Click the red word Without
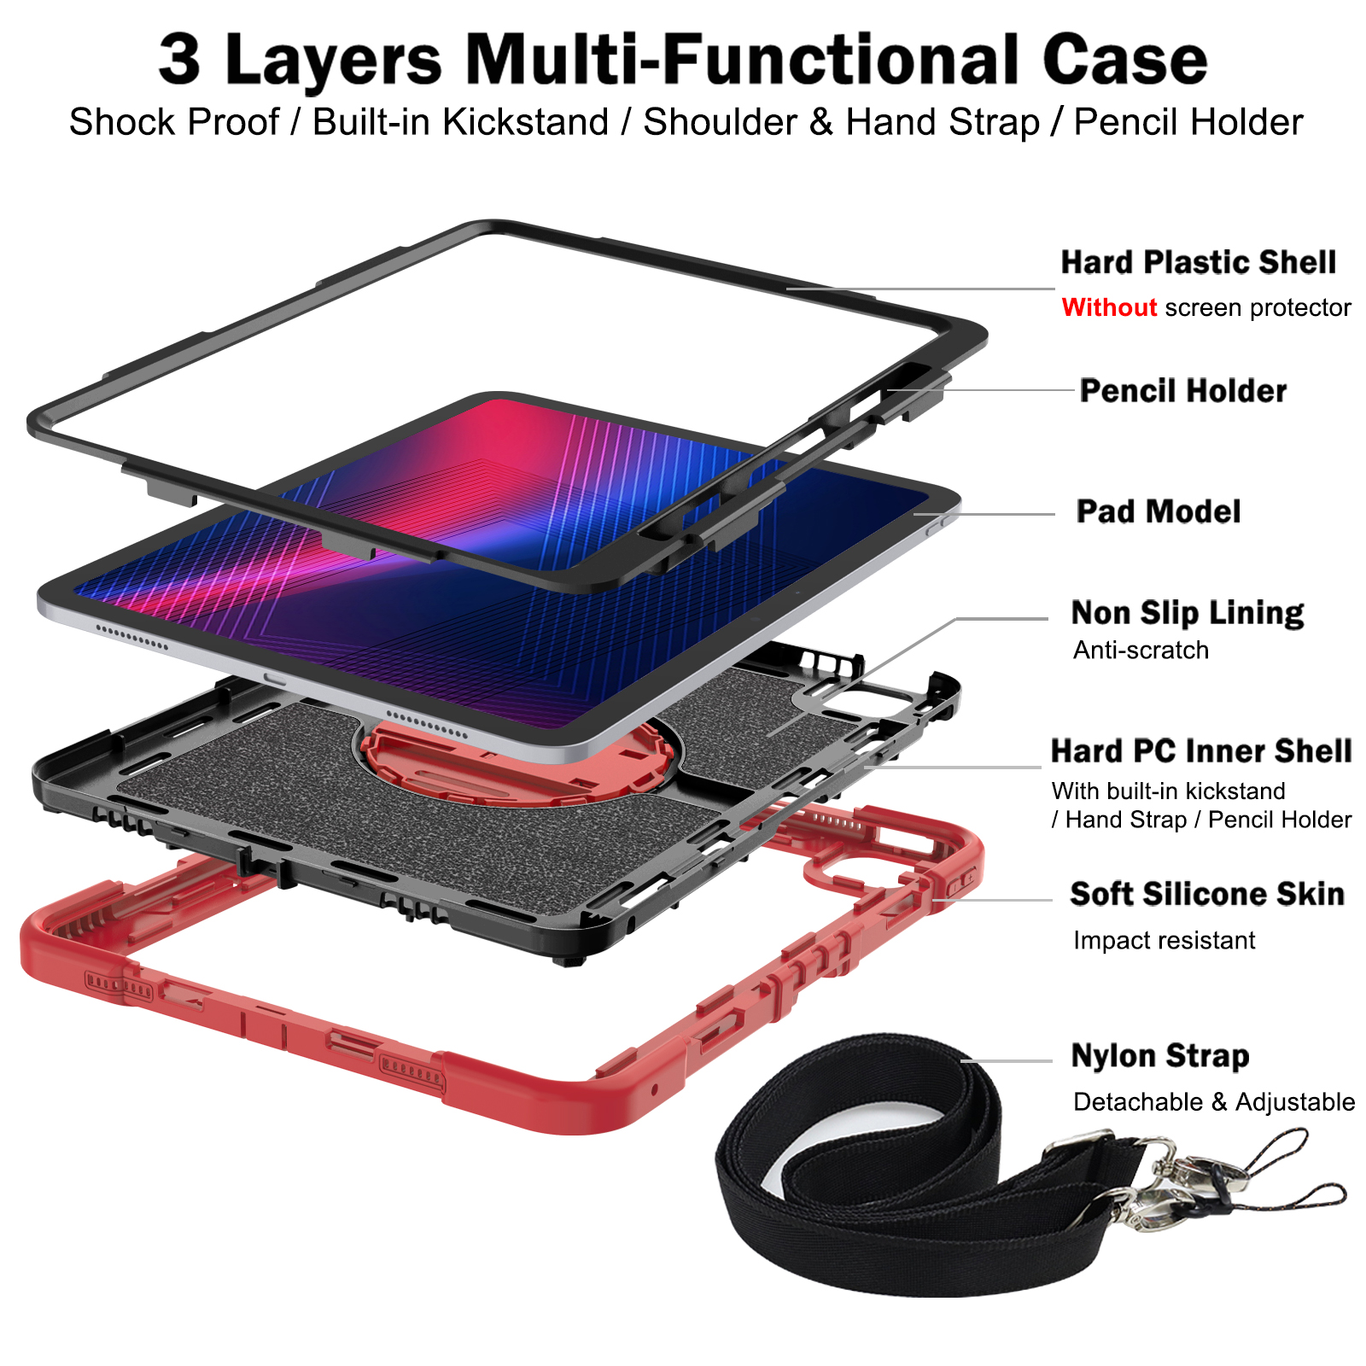pyautogui.click(x=1109, y=307)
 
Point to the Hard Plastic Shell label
pyautogui.click(x=1198, y=262)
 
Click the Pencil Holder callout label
pyautogui.click(x=1182, y=391)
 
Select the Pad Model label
pyautogui.click(x=1158, y=511)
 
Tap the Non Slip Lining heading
pyautogui.click(x=1187, y=613)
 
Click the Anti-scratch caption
pyautogui.click(x=1141, y=651)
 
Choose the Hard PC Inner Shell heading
pyautogui.click(x=1200, y=751)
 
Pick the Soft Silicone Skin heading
pyautogui.click(x=1206, y=894)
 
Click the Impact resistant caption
pyautogui.click(x=1164, y=941)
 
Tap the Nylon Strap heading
pyautogui.click(x=1159, y=1056)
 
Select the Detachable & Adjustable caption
pyautogui.click(x=1213, y=1102)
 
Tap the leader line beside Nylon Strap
pyautogui.click(x=1007, y=1061)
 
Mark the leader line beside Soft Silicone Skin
pyautogui.click(x=995, y=900)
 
